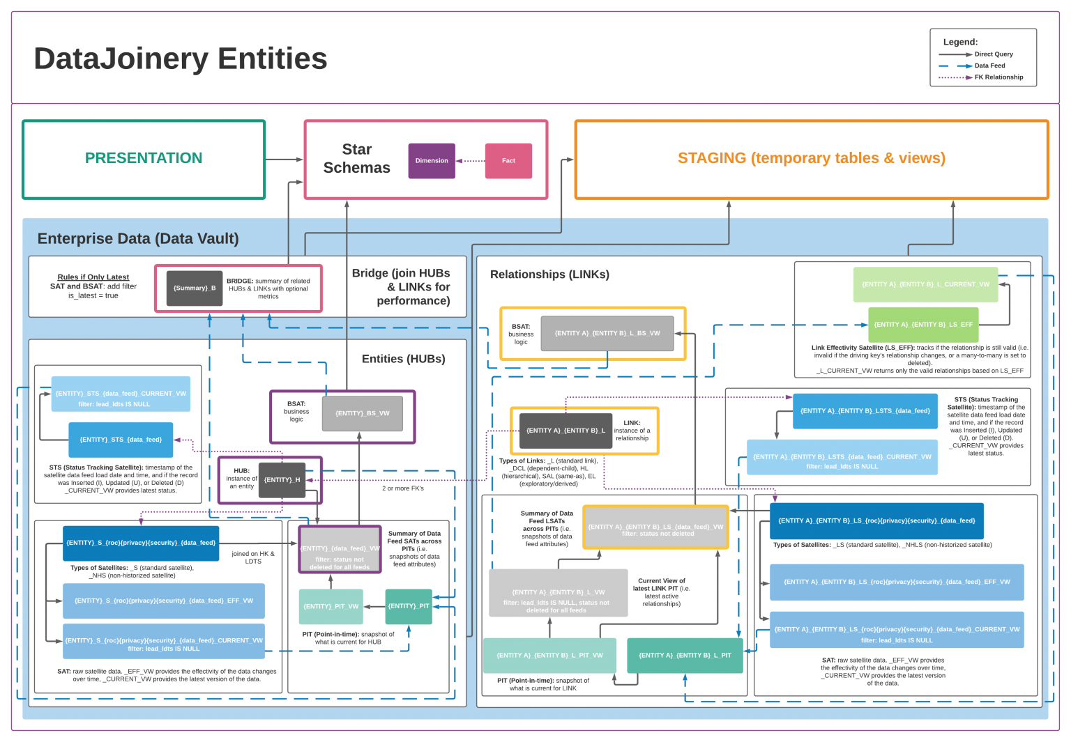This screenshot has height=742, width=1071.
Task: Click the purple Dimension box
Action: [x=432, y=161]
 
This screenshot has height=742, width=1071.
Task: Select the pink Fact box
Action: [x=508, y=161]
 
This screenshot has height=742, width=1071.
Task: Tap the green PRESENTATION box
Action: [x=144, y=159]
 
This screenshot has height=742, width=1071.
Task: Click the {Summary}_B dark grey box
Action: [x=195, y=288]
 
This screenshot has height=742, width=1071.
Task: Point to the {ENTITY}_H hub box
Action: [x=282, y=480]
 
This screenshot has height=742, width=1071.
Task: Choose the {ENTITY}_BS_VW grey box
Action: [x=362, y=414]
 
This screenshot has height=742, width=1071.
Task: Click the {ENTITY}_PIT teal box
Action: [x=409, y=606]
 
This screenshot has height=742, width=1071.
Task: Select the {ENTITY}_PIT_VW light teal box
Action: [x=331, y=607]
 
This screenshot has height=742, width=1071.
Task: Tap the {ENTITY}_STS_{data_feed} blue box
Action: [x=121, y=440]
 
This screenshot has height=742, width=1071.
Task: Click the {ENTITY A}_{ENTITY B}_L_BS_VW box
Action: [x=607, y=334]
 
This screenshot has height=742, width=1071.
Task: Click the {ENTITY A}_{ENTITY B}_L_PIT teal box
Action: [x=685, y=656]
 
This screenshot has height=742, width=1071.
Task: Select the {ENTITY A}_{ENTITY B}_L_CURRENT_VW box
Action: [x=925, y=284]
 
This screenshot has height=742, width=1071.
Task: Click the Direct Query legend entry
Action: [x=993, y=54]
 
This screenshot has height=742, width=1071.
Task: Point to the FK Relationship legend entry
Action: [x=998, y=77]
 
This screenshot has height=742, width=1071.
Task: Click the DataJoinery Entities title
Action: [x=181, y=59]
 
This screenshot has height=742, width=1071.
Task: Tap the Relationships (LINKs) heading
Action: [x=549, y=275]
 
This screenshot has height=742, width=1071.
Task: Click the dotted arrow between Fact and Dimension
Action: [x=471, y=161]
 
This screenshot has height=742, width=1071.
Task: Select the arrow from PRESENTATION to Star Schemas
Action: [x=284, y=160]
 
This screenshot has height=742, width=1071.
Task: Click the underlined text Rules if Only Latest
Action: [x=93, y=277]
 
